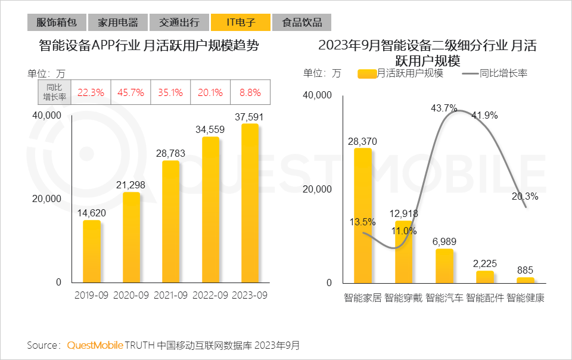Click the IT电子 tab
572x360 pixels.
[241, 23]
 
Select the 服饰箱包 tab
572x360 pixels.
[57, 23]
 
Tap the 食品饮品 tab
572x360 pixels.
[302, 23]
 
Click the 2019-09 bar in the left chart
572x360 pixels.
[92, 251]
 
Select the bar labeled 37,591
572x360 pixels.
[250, 203]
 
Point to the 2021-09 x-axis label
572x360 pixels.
[170, 296]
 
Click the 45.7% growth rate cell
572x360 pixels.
[131, 92]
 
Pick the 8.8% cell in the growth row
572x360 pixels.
[250, 92]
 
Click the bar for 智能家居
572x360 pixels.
[363, 215]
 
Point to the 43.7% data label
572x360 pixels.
[444, 108]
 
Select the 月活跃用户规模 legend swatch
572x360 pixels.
[367, 73]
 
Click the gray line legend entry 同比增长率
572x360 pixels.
[495, 73]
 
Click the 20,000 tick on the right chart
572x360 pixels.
[318, 189]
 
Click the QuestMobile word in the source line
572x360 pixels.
[95, 345]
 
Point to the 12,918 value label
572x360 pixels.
[404, 213]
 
